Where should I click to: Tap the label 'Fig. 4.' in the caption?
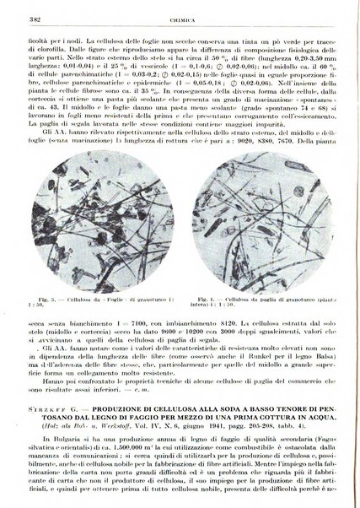tap(196, 275)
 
